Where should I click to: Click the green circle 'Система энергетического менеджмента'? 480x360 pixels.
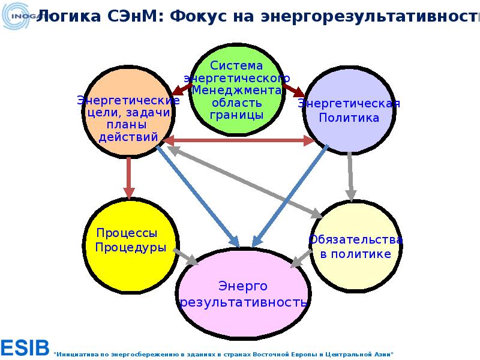tap(236, 90)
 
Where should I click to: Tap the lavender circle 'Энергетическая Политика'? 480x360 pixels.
tap(349, 111)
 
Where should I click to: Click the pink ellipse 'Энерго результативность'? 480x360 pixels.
tap(242, 295)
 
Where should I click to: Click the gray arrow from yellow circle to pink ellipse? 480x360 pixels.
tap(186, 256)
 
